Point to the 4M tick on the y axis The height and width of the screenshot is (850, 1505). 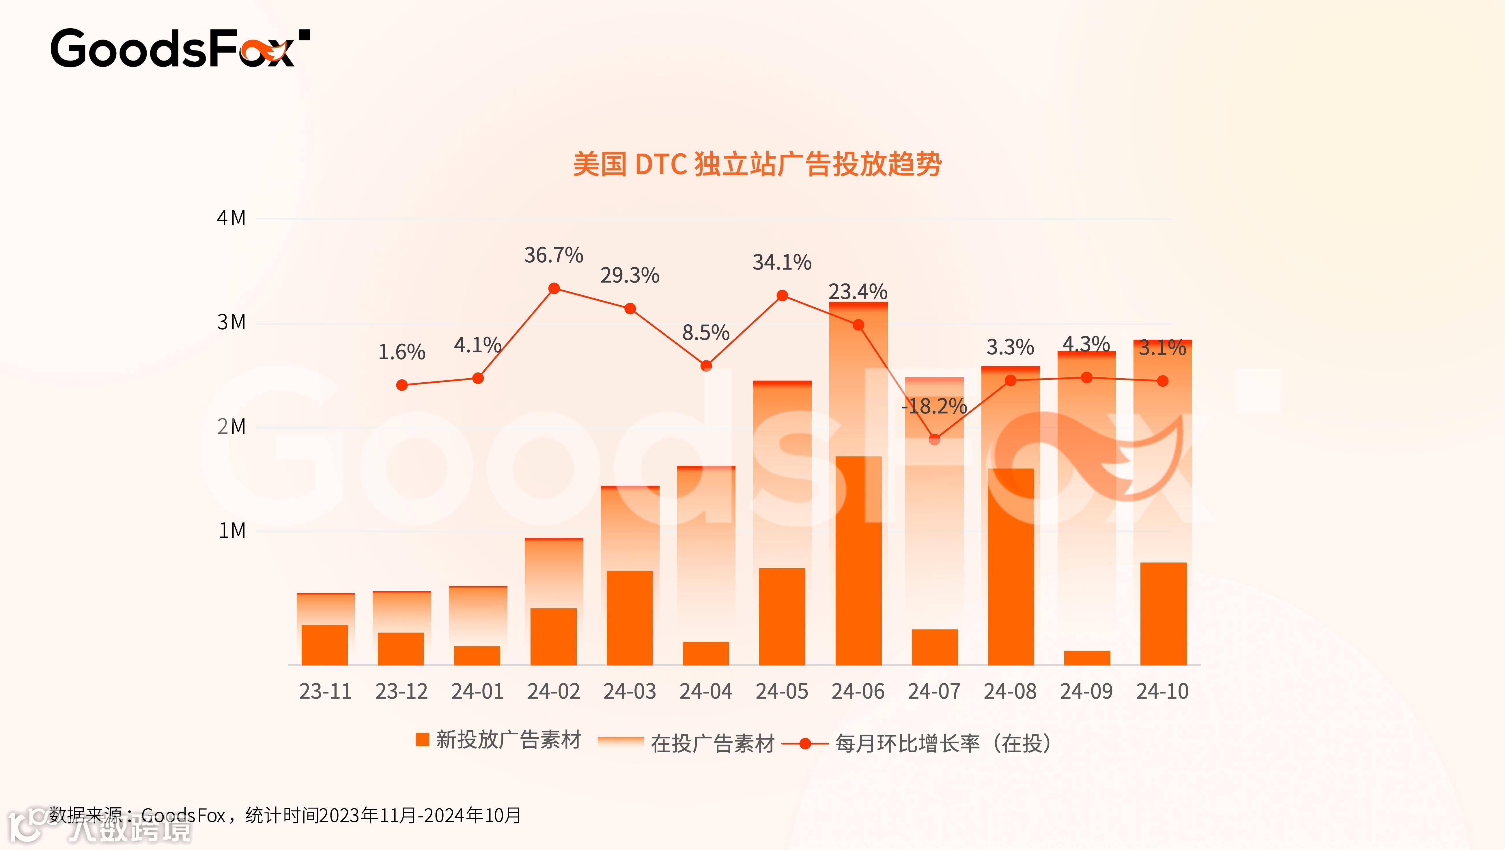coord(231,218)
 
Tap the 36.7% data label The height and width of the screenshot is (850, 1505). coord(553,255)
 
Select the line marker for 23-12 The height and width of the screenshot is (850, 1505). coord(402,385)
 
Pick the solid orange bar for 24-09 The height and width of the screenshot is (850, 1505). coord(1087,658)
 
